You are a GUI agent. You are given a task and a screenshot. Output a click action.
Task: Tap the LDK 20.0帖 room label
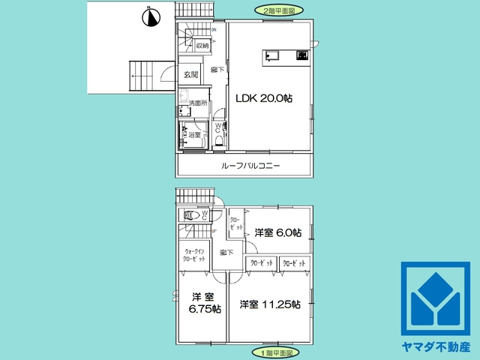[265, 98]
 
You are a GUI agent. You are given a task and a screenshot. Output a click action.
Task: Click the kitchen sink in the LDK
[271, 55]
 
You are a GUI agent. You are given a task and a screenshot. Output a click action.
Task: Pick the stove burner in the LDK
[302, 55]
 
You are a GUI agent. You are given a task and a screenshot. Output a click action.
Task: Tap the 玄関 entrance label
[190, 75]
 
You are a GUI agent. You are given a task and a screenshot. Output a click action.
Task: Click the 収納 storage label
[202, 46]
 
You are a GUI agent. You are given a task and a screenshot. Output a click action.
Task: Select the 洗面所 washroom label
[197, 103]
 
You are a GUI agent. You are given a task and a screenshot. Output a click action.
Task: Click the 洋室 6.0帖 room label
[277, 232]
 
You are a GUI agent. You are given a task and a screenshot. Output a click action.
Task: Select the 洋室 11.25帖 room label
[270, 304]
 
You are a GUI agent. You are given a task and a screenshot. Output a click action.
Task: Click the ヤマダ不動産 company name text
[435, 346]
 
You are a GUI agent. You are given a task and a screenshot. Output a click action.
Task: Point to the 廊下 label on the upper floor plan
[217, 70]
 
